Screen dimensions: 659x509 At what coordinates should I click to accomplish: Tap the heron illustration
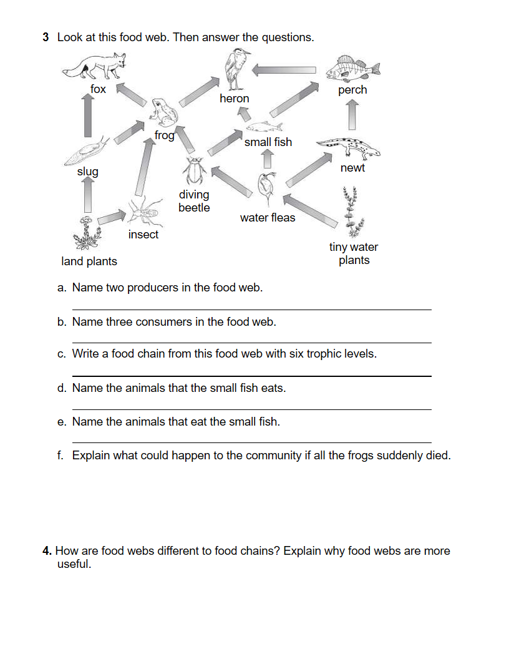[235, 69]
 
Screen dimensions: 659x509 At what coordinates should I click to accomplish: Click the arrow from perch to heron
[284, 70]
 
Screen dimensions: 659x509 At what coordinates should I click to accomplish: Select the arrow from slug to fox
[88, 115]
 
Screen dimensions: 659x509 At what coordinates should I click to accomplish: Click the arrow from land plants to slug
[88, 196]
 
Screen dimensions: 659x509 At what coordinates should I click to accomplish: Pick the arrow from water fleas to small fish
[268, 160]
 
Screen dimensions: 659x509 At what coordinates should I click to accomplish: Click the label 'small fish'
[268, 142]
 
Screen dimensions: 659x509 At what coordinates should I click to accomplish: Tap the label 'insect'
[143, 235]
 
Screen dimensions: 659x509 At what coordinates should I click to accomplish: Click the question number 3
[46, 37]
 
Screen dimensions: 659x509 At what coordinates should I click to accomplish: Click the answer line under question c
[251, 376]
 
